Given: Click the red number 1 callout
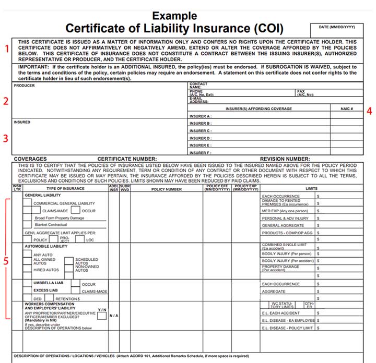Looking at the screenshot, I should tap(7, 49).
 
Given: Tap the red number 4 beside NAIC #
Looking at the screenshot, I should tap(369, 110).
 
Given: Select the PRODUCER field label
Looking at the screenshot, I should tap(24, 86).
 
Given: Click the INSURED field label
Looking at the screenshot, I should tap(22, 123).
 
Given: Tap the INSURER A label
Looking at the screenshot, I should tap(201, 116).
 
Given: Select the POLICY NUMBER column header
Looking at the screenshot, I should tap(167, 189).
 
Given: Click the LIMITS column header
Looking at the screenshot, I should tap(312, 189).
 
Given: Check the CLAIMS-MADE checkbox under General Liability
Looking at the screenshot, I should tap(38, 211).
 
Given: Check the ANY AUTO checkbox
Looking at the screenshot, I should tap(29, 255).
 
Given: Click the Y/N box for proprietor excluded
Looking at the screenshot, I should tap(102, 316).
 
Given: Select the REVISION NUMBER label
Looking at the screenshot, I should tap(285, 159).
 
